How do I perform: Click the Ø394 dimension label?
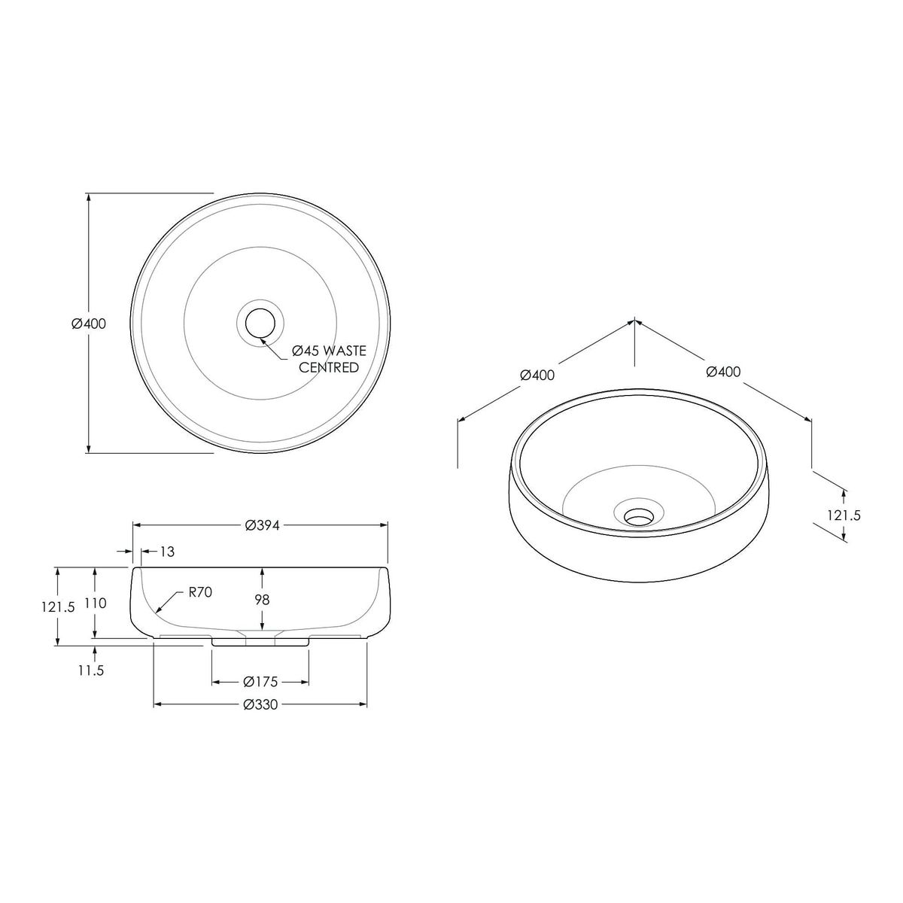point(262,526)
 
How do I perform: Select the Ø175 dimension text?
point(260,682)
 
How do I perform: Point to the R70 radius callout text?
point(201,592)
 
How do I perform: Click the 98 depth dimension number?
point(263,599)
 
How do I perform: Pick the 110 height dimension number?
point(96,603)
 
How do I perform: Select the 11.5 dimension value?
point(91,670)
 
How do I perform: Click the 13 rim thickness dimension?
point(167,552)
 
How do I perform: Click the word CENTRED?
point(329,368)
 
